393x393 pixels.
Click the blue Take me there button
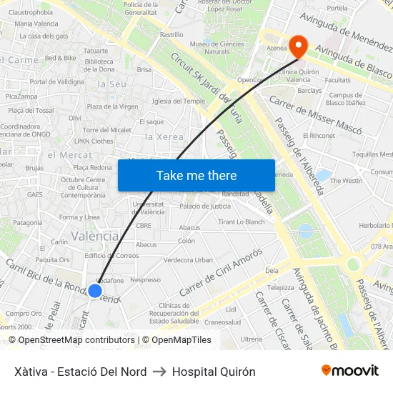(196, 175)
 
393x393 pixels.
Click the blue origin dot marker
(94, 291)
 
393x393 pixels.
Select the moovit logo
(350, 371)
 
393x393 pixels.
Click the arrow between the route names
(159, 372)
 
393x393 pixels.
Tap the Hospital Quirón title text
(214, 372)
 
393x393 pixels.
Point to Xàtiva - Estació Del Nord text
(80, 372)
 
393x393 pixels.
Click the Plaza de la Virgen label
(112, 106)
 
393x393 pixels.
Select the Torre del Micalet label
(107, 130)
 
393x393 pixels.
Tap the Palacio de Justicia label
(205, 206)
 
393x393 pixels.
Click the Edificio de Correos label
(111, 255)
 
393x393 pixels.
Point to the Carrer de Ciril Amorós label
(221, 272)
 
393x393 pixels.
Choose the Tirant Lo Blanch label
(242, 222)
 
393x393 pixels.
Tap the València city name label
(95, 237)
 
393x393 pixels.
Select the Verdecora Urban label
(189, 260)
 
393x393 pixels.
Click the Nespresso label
(145, 279)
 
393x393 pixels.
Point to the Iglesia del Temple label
(178, 101)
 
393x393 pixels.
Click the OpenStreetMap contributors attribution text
(76, 340)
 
